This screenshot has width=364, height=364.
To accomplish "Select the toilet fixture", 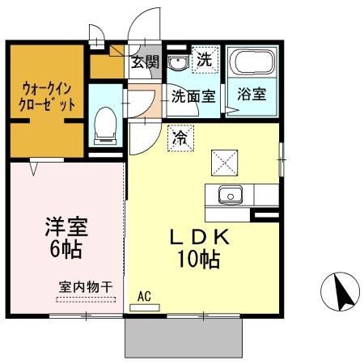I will pos(104,126).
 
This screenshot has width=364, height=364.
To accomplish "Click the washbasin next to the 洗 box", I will pos(177,61).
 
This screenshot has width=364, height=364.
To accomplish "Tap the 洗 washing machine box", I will pos(205,59).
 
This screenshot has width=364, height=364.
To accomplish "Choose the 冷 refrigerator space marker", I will pos(180,138).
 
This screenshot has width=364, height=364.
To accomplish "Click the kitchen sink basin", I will pos(230,195).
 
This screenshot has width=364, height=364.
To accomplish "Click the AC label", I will pos(145,296).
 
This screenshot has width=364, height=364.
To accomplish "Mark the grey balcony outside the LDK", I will pos(184,336).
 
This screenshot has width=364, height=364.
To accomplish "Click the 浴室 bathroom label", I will pos(254,94).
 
